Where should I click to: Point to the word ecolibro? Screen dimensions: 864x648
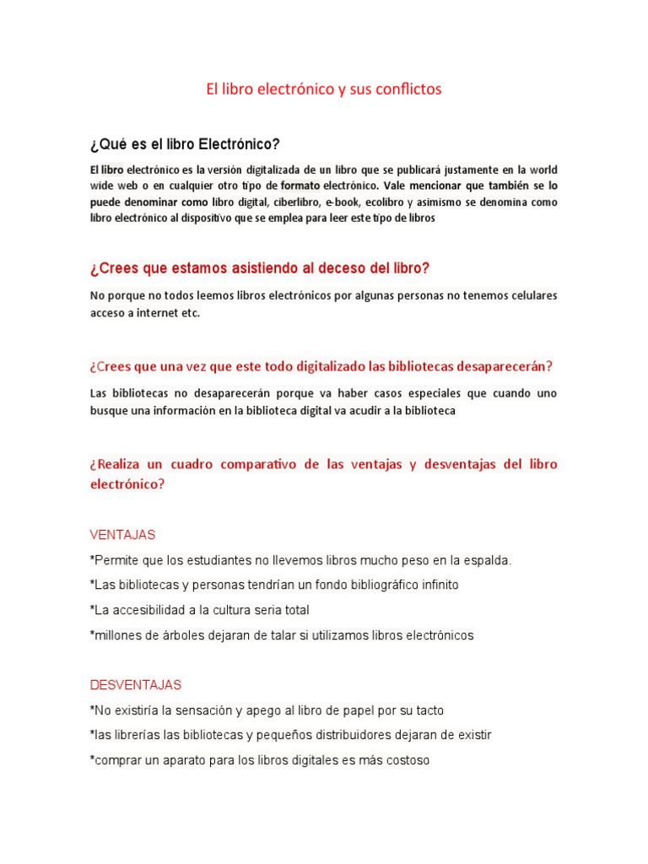[384, 202]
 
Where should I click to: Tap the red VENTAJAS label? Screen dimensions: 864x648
[122, 535]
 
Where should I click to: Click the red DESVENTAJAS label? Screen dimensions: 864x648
[135, 684]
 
